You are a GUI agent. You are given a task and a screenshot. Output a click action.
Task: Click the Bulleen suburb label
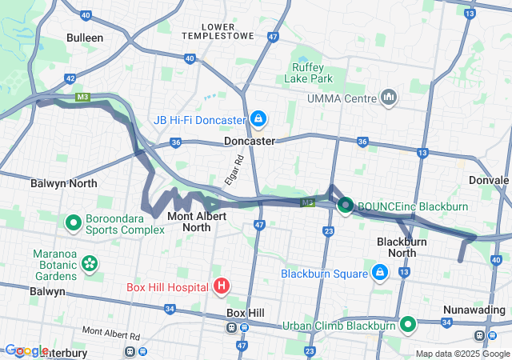[85, 38]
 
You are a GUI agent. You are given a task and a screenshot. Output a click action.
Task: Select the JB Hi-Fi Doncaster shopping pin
[258, 120]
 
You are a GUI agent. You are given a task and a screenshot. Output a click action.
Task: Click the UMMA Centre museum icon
[390, 98]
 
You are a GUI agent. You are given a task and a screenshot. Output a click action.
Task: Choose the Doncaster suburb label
[249, 141]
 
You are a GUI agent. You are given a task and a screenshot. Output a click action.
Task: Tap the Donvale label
[489, 180]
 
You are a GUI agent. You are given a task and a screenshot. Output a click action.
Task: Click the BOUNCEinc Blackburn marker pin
[346, 206]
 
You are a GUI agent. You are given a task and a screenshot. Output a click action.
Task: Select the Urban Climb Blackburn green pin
[408, 325]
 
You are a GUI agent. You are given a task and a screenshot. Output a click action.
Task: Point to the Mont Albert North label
[189, 222]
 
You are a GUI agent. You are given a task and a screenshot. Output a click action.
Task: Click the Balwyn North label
[63, 183]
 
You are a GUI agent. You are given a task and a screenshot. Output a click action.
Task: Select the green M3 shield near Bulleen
[82, 98]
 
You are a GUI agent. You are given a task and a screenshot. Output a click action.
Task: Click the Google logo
[26, 350]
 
